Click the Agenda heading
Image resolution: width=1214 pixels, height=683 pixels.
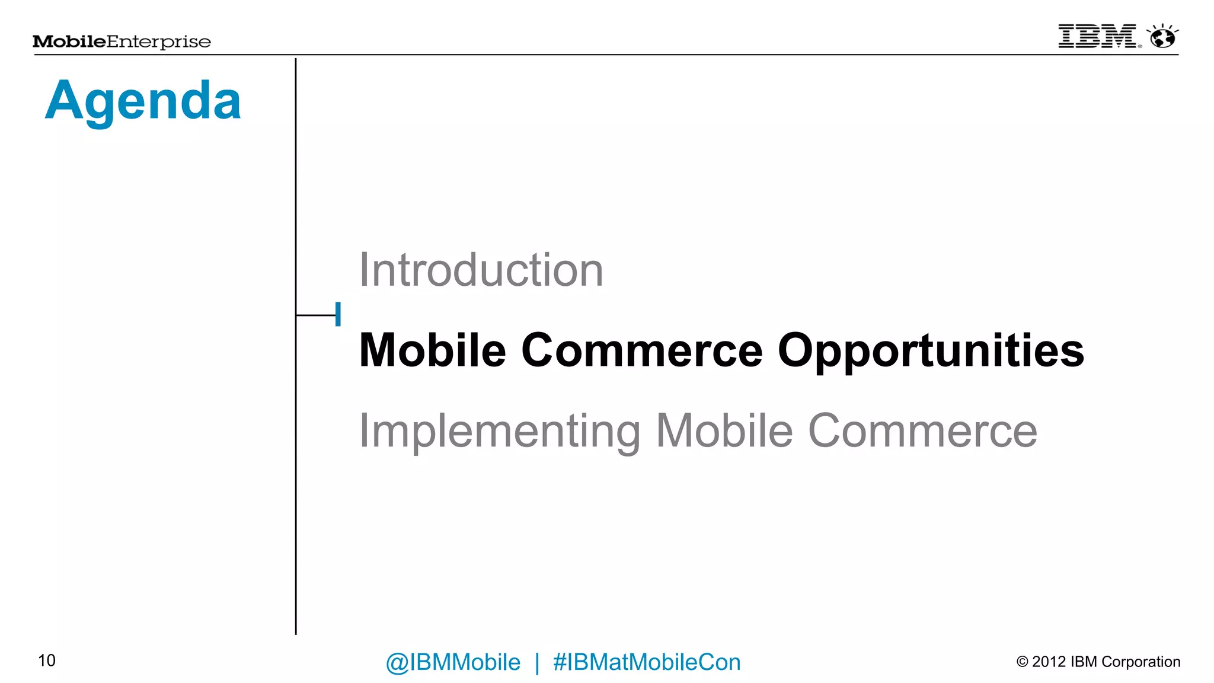click(143, 101)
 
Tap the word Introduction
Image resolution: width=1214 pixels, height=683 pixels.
click(481, 270)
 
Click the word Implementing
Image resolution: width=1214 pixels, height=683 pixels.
click(500, 432)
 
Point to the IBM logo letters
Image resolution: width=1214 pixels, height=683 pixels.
click(1097, 36)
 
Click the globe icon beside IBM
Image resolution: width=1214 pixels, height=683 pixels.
click(1162, 37)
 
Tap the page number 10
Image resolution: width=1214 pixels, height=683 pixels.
click(47, 660)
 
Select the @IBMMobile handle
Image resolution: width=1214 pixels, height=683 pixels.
click(453, 662)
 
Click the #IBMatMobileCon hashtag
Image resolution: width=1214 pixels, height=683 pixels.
click(647, 662)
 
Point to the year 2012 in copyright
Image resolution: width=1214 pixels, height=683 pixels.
click(1049, 662)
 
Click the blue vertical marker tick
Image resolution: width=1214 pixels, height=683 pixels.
click(338, 314)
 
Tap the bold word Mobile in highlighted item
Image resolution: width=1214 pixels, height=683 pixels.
click(433, 351)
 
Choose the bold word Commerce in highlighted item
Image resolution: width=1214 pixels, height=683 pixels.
click(641, 351)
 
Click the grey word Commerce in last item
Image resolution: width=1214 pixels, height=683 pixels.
click(922, 431)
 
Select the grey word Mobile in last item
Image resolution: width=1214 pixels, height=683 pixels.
click(724, 431)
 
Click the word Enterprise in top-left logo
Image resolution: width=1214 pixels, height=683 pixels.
click(158, 42)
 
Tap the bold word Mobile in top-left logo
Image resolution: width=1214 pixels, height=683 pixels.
click(69, 42)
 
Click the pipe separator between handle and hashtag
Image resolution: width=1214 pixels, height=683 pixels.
click(537, 662)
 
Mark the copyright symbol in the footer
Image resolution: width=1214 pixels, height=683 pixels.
click(1022, 662)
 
